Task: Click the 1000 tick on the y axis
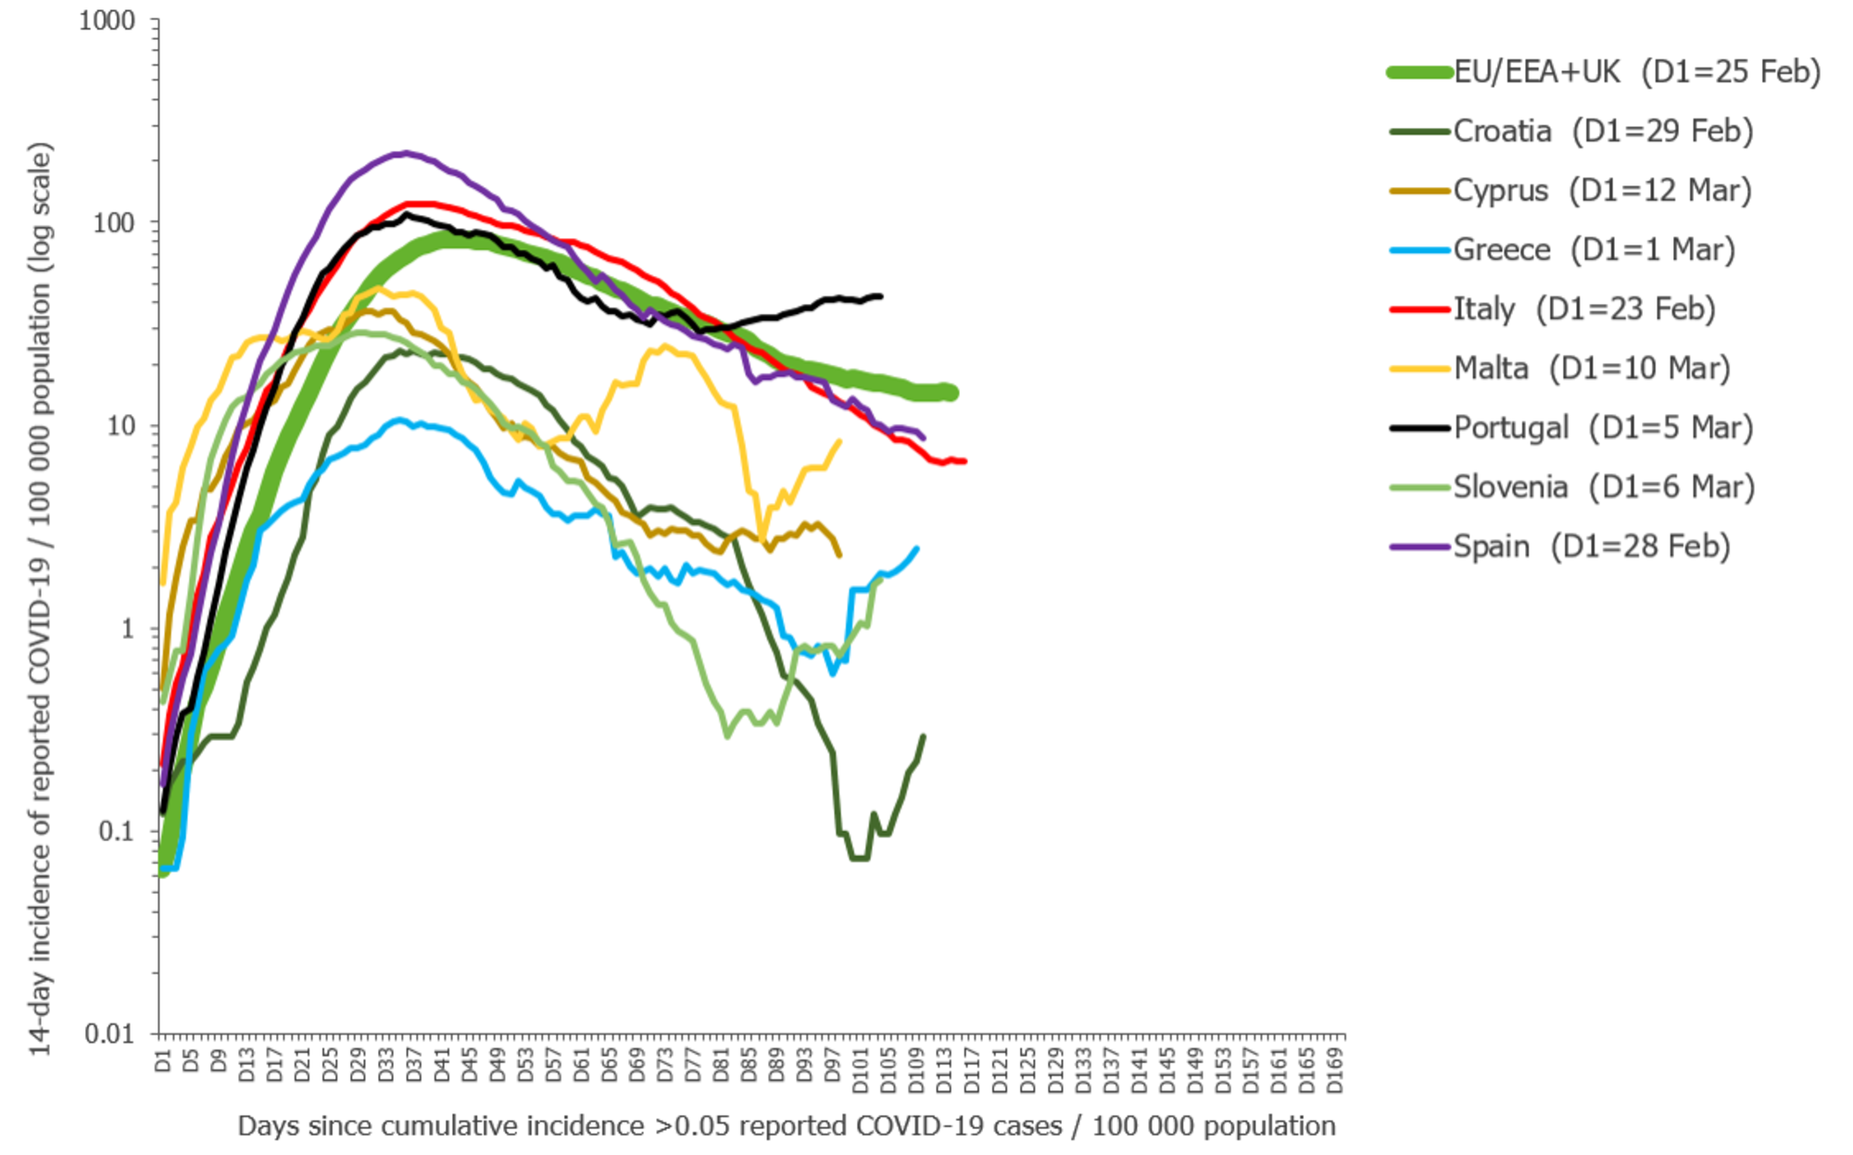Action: click(107, 20)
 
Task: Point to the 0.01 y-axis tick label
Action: click(110, 1034)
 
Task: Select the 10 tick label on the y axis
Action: click(120, 426)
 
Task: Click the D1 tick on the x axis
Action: click(163, 1061)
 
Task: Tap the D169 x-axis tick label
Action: click(1335, 1071)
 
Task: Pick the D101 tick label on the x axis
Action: click(861, 1071)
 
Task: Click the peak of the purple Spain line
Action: click(404, 153)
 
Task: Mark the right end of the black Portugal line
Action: click(880, 296)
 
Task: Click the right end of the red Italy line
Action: click(964, 461)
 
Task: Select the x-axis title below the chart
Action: click(787, 1126)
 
